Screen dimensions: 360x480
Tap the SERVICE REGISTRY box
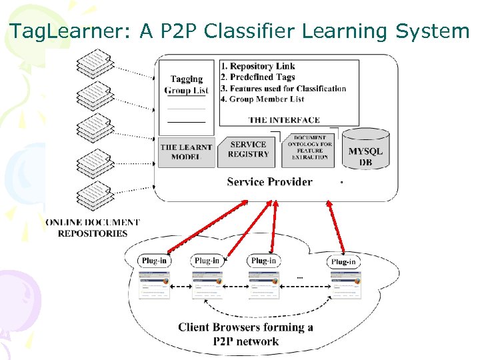click(x=248, y=149)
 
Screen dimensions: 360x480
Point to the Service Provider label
click(x=269, y=181)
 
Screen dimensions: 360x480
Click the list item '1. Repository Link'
click(x=257, y=66)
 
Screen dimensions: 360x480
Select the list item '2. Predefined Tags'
click(x=257, y=77)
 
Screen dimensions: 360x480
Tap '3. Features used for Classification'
click(x=283, y=88)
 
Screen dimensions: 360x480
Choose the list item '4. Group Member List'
click(x=262, y=99)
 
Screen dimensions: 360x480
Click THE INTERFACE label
click(x=284, y=120)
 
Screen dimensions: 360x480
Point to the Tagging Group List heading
click(x=186, y=85)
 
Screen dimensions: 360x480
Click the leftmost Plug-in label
click(x=154, y=261)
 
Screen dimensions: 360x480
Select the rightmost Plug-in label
click(x=343, y=261)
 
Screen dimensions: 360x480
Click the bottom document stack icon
click(x=94, y=196)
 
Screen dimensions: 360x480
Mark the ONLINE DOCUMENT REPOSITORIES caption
click(x=93, y=227)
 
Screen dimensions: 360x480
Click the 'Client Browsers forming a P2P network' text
click(x=245, y=334)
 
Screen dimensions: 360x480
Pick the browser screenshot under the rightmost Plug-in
click(x=346, y=285)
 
